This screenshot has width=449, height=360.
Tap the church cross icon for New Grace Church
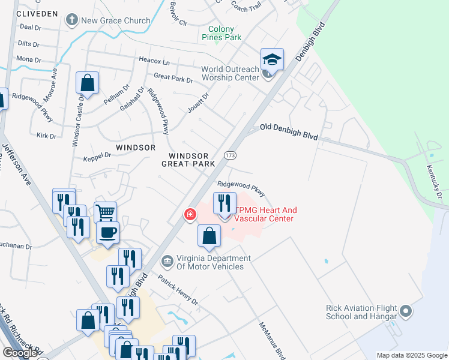(72, 20)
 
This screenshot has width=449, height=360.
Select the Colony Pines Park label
(224, 33)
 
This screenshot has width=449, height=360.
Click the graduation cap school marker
(272, 60)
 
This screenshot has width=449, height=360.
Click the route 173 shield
(231, 155)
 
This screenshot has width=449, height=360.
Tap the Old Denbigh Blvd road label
(289, 132)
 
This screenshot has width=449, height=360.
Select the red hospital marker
(190, 214)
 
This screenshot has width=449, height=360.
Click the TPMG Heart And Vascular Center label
(265, 214)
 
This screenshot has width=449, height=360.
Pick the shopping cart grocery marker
(105, 212)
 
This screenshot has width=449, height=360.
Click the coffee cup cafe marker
(108, 233)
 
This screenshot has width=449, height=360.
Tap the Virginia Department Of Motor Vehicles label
(210, 262)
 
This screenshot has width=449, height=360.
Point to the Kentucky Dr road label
(434, 182)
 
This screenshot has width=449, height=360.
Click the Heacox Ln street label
(154, 62)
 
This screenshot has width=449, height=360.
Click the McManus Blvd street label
(271, 340)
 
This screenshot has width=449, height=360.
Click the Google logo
(20, 353)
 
